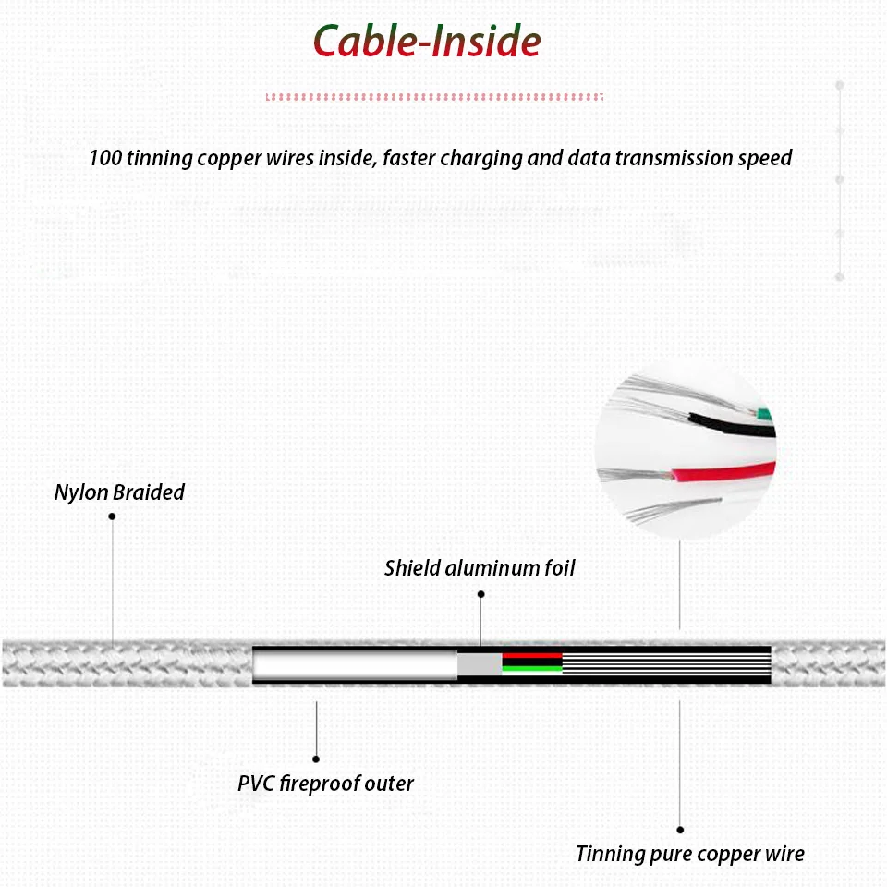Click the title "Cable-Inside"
click(x=426, y=42)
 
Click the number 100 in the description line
click(x=105, y=158)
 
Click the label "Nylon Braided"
click(x=119, y=492)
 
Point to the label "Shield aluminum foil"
click(x=480, y=567)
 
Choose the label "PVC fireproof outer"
click(x=325, y=784)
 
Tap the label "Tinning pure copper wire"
click(x=689, y=854)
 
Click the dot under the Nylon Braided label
click(x=112, y=516)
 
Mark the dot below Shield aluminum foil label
click(x=480, y=594)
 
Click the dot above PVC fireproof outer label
click(x=316, y=759)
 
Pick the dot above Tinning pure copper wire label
click(x=680, y=830)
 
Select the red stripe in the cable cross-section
click(x=532, y=655)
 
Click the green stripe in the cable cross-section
click(x=532, y=668)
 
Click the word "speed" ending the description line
click(x=764, y=158)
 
